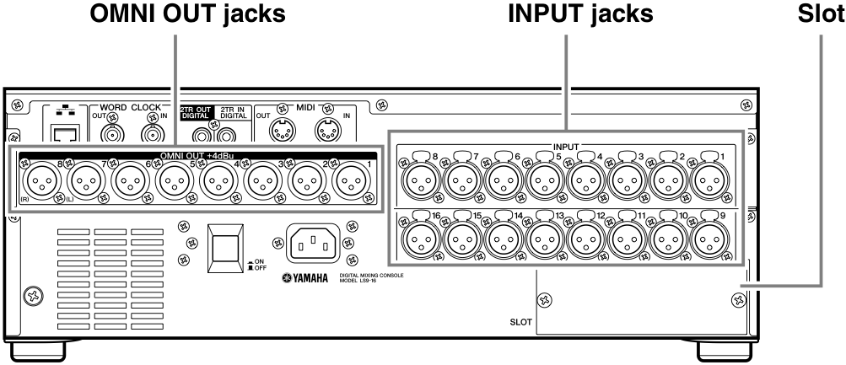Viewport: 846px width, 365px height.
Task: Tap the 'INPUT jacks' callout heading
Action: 564,14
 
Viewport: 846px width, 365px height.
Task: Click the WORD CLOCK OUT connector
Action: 113,132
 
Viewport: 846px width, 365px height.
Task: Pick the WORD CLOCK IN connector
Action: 154,132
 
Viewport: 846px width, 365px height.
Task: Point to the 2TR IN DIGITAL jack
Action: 225,134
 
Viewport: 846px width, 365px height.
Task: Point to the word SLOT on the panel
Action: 520,321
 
